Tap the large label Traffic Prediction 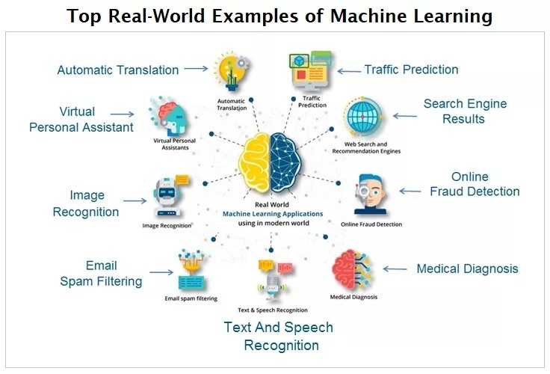coord(411,70)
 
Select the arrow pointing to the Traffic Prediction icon coord(347,70)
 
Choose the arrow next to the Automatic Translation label coord(196,69)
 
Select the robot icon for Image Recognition coord(168,196)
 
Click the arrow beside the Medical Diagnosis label coord(395,269)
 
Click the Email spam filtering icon coord(191,270)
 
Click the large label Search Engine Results coord(464,111)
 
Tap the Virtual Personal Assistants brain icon coord(168,116)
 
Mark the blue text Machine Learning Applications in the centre coord(273,213)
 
